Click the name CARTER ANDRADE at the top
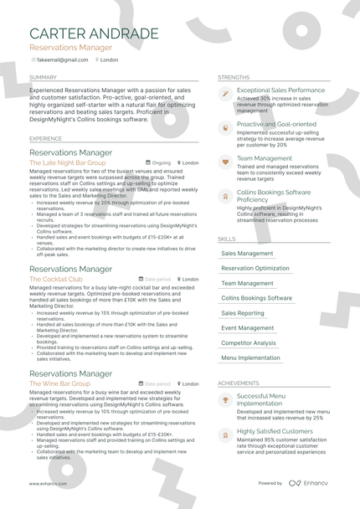93,33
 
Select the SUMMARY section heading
44,77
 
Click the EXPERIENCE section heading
45,138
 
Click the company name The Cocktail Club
56,279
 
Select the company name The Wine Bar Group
59,383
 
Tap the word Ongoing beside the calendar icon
161,163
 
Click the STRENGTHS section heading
234,77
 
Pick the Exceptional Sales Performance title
280,90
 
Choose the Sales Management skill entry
247,254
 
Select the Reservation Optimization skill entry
255,269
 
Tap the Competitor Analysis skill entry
249,343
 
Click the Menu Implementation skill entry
251,358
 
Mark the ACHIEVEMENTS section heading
239,383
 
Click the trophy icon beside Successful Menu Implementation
224,400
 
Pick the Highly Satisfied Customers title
275,431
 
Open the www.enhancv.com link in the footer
48,484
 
